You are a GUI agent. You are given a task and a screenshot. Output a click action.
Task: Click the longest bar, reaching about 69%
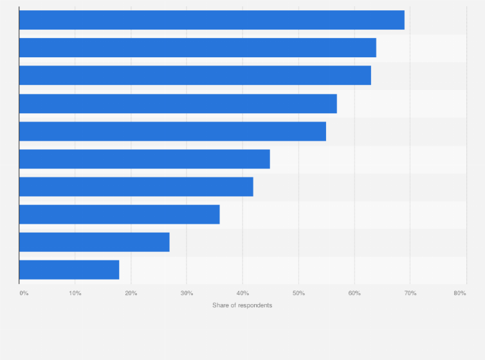coord(212,20)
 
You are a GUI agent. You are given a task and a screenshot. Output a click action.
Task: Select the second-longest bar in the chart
coord(197,48)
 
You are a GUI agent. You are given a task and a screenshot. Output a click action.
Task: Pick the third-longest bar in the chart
coord(195,75)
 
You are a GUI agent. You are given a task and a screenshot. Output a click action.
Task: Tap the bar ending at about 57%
coord(178,104)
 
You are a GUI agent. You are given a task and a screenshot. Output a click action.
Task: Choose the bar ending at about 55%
coord(172,131)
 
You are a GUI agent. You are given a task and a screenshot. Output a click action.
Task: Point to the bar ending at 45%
coord(145,159)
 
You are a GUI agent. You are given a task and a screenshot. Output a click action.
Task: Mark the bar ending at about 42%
coord(136,186)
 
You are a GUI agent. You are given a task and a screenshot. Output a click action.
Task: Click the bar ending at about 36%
coord(120,214)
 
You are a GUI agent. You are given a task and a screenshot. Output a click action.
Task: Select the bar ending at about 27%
coord(95,242)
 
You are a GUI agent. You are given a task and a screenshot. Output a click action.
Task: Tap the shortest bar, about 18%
coord(69,269)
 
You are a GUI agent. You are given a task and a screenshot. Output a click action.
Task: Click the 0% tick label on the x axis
coord(24,293)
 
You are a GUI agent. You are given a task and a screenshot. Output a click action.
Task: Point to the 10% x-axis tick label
coord(75,293)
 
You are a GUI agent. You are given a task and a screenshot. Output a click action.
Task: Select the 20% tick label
coord(131,293)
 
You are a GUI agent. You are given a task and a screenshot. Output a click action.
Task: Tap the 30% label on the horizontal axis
coord(187,293)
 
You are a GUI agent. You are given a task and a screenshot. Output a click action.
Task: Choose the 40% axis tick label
coord(243,293)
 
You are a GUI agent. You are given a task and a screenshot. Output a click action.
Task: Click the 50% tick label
coord(298,293)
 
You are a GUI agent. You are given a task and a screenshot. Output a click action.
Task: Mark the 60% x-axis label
coord(354,293)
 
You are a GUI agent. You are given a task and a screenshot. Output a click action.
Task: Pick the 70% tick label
coord(410,293)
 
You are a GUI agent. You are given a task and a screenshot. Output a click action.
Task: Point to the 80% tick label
coord(460,293)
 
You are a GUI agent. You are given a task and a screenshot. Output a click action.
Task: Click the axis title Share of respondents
coord(243,305)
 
